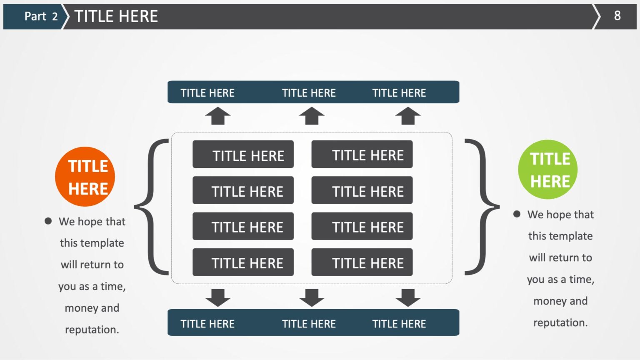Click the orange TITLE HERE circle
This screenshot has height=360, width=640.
(x=85, y=177)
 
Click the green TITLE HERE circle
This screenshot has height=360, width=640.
(x=548, y=170)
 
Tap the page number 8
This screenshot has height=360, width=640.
(x=617, y=16)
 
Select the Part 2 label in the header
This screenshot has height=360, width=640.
(x=41, y=16)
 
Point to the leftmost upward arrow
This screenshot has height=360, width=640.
(x=218, y=116)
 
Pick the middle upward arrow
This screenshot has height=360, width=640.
(x=312, y=116)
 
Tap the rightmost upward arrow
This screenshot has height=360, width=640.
(x=408, y=116)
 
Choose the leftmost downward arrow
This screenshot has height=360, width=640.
(x=218, y=298)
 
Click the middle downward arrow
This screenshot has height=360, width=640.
(x=312, y=298)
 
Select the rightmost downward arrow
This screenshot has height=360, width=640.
(x=408, y=298)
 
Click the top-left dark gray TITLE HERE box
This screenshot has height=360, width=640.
(x=243, y=154)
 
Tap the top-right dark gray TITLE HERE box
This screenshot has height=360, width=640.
(x=362, y=154)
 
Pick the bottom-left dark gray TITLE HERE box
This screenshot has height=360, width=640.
(x=243, y=262)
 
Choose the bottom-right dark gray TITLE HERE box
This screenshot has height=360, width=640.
(x=362, y=262)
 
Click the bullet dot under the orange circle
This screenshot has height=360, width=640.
(x=48, y=221)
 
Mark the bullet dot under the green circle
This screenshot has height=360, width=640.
(x=517, y=214)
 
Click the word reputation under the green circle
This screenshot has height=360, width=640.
(x=560, y=323)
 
